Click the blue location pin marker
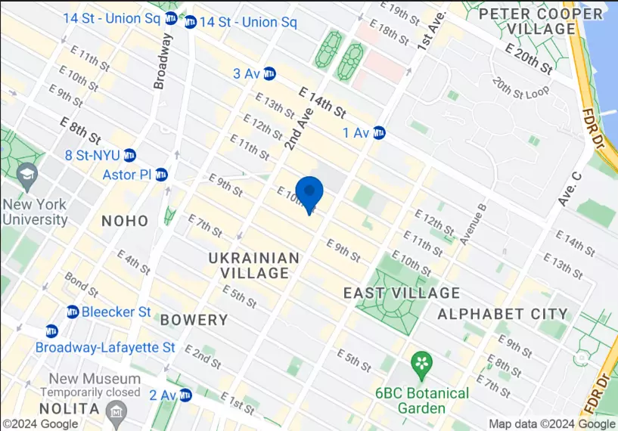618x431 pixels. pos(309,192)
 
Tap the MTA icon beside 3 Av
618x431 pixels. pos(269,73)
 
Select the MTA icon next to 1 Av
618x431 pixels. pos(379,133)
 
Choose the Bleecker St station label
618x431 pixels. pos(116,312)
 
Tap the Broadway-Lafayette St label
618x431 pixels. pos(105,347)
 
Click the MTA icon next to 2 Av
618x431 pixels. pos(185,395)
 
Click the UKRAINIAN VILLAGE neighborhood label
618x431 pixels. pos(254,265)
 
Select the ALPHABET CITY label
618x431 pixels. pos(502,313)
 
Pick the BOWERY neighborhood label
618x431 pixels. pos(194,319)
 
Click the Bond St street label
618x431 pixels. pos(81,285)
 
